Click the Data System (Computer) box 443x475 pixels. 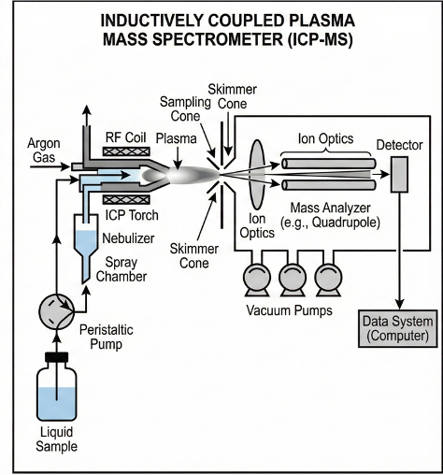pos(398,328)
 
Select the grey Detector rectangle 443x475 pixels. pos(399,174)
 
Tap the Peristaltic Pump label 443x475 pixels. pos(107,337)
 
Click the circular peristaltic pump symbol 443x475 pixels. pos(56,311)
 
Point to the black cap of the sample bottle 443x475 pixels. pos(56,357)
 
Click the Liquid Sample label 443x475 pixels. pos(56,439)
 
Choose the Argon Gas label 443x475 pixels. pos(44,151)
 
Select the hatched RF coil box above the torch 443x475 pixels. pos(126,151)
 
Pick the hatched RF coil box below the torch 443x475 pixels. pos(126,199)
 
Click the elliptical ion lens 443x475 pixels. pos(257,174)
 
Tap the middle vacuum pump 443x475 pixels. pos(293,280)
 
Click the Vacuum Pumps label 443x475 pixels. pos(289,310)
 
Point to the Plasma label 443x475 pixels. pos(176,138)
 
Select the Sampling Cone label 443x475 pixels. pos(185,109)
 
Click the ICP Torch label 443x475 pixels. pos(132,215)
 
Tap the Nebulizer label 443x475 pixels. pos(128,238)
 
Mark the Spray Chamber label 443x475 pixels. pos(121,269)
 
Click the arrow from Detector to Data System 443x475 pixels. pos(399,251)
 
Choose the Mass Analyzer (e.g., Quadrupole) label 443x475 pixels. pos(330,215)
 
